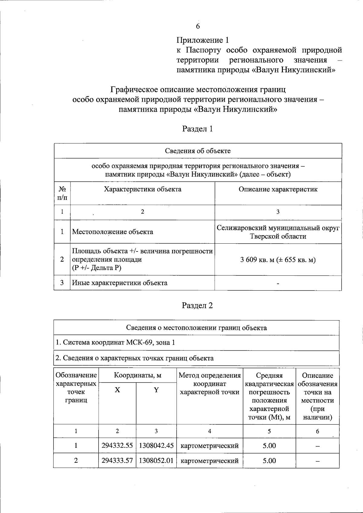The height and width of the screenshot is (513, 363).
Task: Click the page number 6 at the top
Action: (198, 26)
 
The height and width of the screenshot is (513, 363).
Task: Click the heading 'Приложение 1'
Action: (203, 40)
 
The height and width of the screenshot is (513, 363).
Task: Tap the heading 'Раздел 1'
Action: (198, 129)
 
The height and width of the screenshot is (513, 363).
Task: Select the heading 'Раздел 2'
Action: (198, 305)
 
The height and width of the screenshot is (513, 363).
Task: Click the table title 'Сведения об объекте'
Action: (198, 151)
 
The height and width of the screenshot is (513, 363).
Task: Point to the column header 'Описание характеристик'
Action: (278, 189)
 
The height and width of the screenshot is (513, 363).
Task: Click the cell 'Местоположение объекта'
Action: (113, 232)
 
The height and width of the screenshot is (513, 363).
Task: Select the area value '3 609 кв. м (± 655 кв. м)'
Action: (278, 260)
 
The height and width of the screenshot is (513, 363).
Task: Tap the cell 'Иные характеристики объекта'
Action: (119, 283)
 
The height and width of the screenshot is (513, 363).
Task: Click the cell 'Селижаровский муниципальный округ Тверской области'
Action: (278, 232)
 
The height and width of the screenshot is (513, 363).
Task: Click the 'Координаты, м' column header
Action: (138, 376)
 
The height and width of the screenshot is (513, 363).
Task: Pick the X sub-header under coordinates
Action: (117, 390)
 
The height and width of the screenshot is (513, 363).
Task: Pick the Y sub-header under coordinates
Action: (156, 390)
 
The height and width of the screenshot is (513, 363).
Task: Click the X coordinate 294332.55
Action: (117, 446)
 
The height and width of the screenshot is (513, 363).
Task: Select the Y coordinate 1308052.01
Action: (156, 461)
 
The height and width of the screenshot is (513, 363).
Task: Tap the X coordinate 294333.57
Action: (117, 461)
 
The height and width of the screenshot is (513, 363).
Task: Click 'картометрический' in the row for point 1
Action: (210, 446)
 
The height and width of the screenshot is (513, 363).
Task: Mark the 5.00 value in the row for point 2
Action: (269, 461)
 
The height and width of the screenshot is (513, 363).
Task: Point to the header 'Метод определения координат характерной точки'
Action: (210, 384)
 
